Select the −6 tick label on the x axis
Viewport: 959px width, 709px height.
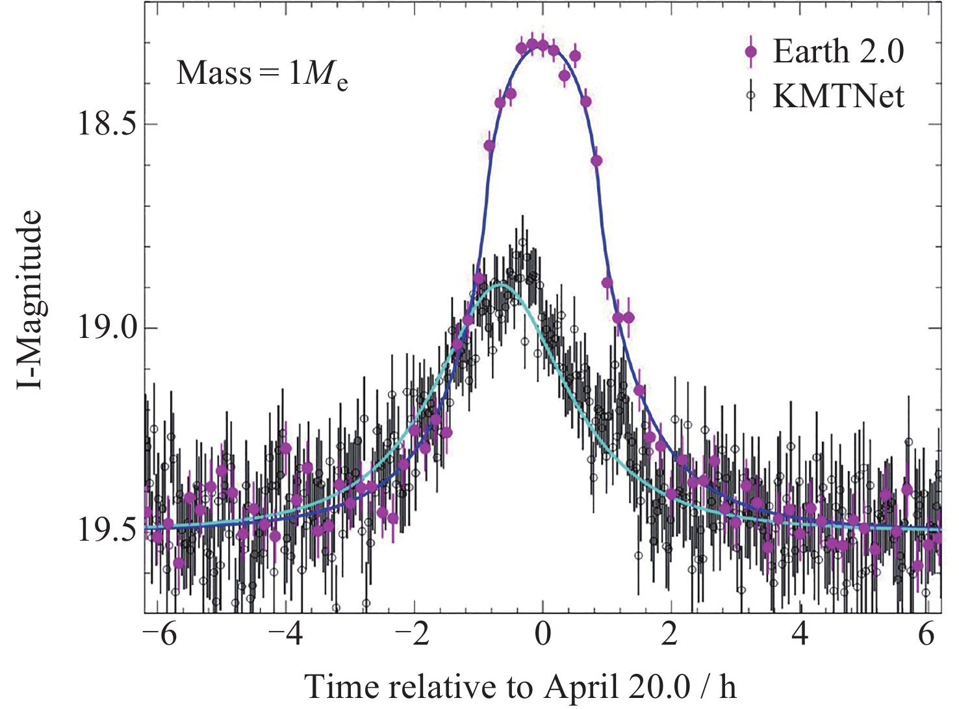[159, 634]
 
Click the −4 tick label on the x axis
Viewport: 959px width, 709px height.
[287, 634]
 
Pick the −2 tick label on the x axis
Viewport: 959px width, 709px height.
[413, 634]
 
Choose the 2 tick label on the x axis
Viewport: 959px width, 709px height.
[670, 634]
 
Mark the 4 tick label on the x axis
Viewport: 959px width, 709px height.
[800, 634]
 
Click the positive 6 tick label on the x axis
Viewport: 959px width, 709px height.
[927, 634]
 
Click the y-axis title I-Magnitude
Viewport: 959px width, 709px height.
[30, 300]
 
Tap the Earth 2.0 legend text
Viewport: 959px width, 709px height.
[838, 51]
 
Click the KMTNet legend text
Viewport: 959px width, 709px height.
[838, 96]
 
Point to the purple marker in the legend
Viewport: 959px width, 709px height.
[751, 52]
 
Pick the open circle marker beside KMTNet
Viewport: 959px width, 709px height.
[751, 96]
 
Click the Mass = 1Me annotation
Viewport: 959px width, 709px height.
[262, 73]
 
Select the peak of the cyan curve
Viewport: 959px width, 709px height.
[500, 285]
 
